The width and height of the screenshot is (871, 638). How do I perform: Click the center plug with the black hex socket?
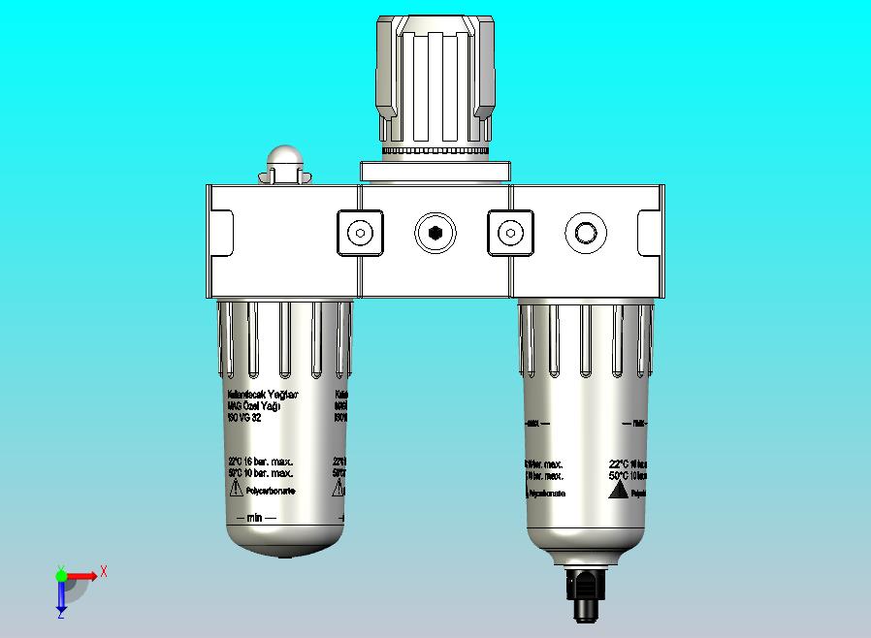tap(435, 234)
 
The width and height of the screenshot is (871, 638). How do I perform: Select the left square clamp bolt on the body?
tap(360, 234)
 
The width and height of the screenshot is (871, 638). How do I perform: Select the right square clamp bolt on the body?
tap(509, 234)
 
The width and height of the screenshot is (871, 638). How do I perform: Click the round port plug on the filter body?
tap(586, 234)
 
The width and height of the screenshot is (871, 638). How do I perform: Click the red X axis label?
tap(104, 571)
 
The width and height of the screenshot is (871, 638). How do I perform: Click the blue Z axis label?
tap(60, 614)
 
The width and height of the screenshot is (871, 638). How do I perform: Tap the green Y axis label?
tap(60, 569)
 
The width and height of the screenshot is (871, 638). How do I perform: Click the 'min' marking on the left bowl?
tap(254, 518)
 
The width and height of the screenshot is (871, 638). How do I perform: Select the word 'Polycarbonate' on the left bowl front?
tap(272, 492)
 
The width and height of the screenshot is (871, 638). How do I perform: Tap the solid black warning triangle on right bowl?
tap(616, 491)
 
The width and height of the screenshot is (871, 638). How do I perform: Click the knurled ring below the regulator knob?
tap(435, 151)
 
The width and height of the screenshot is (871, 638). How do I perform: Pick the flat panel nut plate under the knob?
tap(435, 172)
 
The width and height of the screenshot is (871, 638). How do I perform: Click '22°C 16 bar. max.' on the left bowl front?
tap(260, 462)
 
